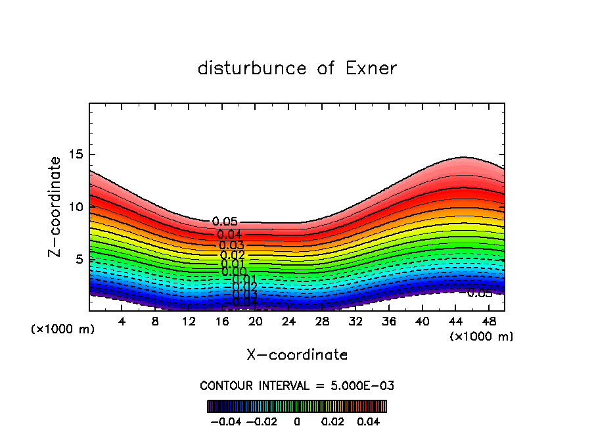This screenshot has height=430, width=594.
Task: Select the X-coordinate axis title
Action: (x=297, y=355)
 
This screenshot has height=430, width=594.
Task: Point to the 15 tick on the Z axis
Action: (x=77, y=155)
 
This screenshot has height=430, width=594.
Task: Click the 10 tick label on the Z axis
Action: (x=77, y=207)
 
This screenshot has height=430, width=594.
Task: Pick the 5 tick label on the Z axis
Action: (x=81, y=260)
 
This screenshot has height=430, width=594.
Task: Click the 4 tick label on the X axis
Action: (x=122, y=322)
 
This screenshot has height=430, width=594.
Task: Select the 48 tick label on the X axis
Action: (x=489, y=322)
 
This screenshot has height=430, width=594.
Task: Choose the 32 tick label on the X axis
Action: (x=355, y=322)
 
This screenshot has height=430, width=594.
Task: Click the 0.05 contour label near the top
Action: (x=225, y=222)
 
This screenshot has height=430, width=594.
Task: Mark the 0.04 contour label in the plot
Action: (x=229, y=235)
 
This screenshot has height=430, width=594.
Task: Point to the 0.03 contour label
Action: (x=232, y=245)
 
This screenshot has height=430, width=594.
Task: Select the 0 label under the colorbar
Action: (x=297, y=420)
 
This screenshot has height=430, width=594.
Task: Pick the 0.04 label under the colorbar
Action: (x=368, y=420)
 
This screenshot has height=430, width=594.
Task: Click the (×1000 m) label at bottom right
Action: (x=482, y=337)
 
